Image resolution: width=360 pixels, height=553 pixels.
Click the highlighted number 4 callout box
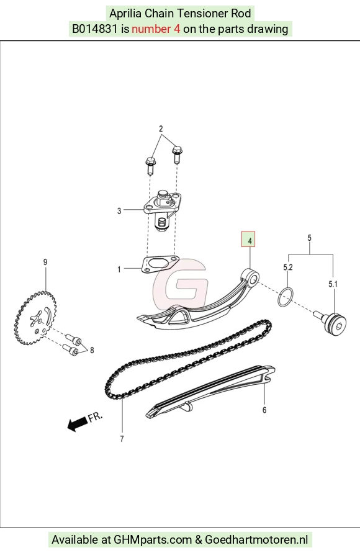coord(248,239)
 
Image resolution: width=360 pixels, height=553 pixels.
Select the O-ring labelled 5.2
coord(285,297)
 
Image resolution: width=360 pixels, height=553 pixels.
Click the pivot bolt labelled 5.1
coord(332,323)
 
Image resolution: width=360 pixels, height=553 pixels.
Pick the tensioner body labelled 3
coord(162,210)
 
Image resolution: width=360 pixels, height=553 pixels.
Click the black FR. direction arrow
coord(77,424)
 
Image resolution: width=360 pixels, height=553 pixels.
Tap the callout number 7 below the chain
coord(122,439)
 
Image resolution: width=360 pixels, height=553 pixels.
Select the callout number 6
coord(264,410)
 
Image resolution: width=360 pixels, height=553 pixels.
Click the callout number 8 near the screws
coord(92,350)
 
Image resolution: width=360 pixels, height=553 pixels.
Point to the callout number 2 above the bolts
coord(161,128)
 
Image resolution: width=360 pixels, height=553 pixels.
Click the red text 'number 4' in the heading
coord(156,29)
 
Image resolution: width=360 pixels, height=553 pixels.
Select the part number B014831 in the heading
coord(94,29)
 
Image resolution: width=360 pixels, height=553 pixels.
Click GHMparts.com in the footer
coord(153,539)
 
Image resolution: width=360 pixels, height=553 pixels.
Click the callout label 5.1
coord(333,284)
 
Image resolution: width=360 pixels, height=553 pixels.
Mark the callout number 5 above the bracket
coord(309,238)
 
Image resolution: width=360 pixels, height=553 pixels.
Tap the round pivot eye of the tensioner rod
coord(251,277)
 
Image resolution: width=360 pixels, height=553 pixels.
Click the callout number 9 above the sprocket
coord(45,262)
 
